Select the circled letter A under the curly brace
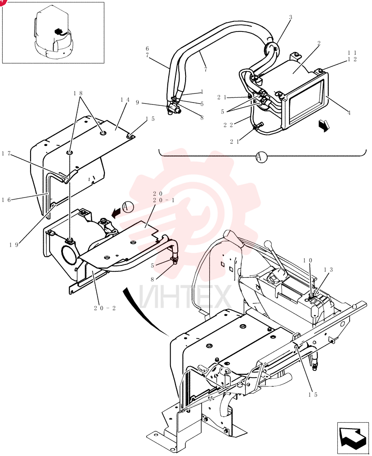(x=261, y=157)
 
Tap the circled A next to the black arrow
(x=127, y=207)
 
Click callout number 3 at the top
(x=290, y=17)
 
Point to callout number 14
(x=125, y=100)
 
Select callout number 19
(x=14, y=245)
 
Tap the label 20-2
(x=105, y=308)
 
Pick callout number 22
(x=228, y=125)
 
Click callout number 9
(x=138, y=102)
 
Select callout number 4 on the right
(x=349, y=113)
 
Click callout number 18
(x=78, y=93)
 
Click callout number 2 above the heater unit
(x=319, y=43)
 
